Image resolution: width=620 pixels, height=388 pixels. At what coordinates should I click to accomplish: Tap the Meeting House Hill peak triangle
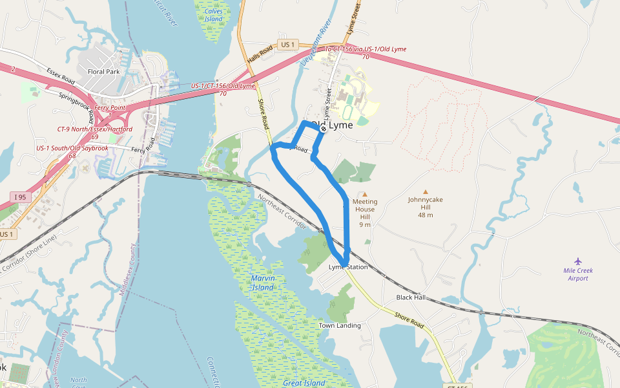[x=364, y=194]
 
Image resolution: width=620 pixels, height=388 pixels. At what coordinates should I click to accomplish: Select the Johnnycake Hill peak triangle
[x=425, y=192]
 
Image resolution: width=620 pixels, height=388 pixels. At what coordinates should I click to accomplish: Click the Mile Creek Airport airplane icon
[x=577, y=261]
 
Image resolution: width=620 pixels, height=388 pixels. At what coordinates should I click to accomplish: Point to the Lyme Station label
[x=348, y=267]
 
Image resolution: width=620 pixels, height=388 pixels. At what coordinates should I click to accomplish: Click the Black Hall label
[x=411, y=297]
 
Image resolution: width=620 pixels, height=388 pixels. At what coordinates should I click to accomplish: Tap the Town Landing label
[x=340, y=326]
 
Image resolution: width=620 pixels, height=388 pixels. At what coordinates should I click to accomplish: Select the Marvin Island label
[x=263, y=282]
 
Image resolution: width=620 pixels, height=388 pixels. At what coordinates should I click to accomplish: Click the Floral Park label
[x=104, y=72]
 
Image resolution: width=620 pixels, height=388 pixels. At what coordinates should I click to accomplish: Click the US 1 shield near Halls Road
[x=287, y=45]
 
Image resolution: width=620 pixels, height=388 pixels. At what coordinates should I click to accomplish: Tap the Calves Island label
[x=214, y=15]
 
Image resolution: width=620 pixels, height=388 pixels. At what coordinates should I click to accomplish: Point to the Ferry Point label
[x=110, y=107]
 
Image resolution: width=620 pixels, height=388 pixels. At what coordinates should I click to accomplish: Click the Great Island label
[x=304, y=383]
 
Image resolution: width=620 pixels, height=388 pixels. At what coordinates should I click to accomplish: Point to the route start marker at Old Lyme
[x=324, y=129]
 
